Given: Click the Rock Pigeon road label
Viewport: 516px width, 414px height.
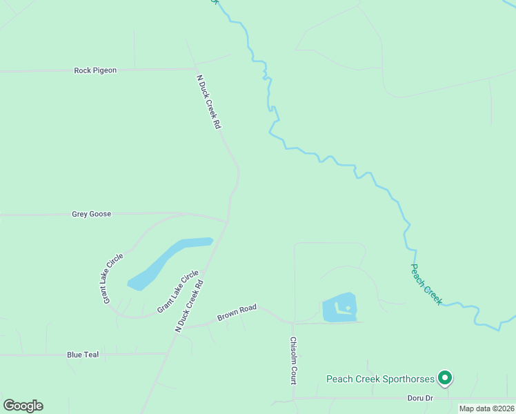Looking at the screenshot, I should click(x=95, y=70).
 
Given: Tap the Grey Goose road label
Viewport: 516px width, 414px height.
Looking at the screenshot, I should click(x=91, y=215).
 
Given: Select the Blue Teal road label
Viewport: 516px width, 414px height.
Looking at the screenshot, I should click(x=83, y=355).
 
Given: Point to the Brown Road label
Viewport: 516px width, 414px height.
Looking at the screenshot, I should click(x=237, y=313).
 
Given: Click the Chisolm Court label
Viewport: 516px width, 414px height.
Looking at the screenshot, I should click(x=293, y=361).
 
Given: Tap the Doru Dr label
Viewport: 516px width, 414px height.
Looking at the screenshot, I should click(x=419, y=398).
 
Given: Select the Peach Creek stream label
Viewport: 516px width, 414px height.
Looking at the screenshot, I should click(x=426, y=284).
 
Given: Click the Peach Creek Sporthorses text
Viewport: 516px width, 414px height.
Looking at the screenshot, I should click(x=380, y=379).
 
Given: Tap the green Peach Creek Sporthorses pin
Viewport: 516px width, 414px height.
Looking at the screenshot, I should click(x=445, y=377).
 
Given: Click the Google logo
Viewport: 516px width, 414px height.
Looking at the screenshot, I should click(x=23, y=406).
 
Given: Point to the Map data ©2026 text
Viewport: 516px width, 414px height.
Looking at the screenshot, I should click(x=486, y=408).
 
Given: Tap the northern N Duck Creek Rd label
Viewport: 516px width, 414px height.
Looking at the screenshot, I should click(x=208, y=102).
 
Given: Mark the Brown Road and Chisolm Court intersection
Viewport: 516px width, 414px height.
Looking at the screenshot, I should click(x=293, y=323).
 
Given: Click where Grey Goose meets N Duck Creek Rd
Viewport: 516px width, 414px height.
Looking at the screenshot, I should click(x=227, y=222).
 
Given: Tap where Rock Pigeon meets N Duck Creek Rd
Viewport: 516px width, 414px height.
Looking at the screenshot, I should click(x=195, y=69).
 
